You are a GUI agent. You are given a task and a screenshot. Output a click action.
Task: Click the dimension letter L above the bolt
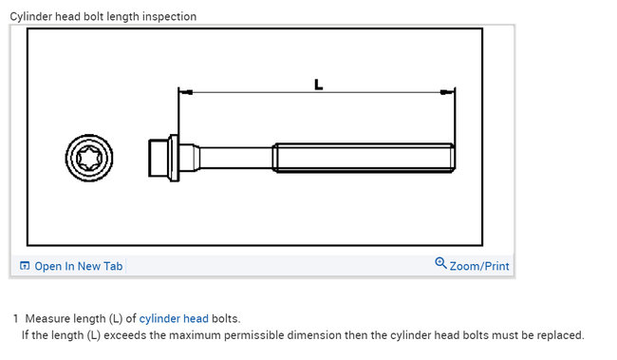(x=318, y=85)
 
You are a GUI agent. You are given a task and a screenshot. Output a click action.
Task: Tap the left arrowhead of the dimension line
(x=186, y=92)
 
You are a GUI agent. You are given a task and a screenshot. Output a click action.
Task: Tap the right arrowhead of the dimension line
(x=447, y=92)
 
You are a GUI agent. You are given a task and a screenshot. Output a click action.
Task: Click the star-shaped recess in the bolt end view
(x=89, y=158)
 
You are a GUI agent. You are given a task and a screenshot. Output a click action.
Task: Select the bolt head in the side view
(x=159, y=158)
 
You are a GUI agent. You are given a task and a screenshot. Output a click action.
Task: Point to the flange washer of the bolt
(x=174, y=158)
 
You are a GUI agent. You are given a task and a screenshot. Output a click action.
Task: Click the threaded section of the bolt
(x=364, y=158)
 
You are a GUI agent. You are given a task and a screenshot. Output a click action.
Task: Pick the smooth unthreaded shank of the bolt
(x=236, y=158)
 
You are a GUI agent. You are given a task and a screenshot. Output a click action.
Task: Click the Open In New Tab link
(x=79, y=266)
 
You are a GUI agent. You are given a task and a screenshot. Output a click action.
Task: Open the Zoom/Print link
(x=479, y=266)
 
